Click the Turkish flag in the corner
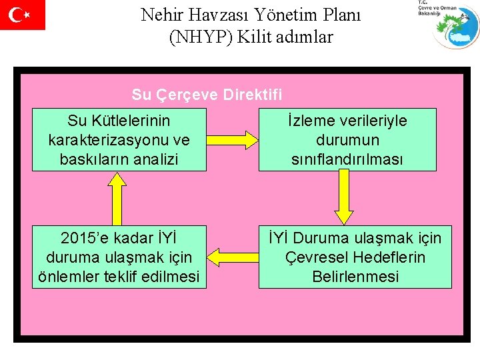tap(22, 15)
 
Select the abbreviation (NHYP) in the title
tap(200, 37)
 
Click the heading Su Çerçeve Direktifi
tap(207, 95)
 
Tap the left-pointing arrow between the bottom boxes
tap(230, 257)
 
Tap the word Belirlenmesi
tap(355, 277)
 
